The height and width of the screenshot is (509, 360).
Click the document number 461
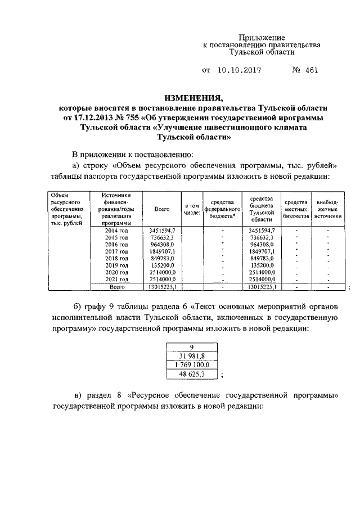[307, 71]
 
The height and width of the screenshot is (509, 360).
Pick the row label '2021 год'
[116, 278]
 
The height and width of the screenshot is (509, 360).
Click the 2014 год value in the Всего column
[162, 231]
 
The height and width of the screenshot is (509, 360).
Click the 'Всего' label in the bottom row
[116, 287]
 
